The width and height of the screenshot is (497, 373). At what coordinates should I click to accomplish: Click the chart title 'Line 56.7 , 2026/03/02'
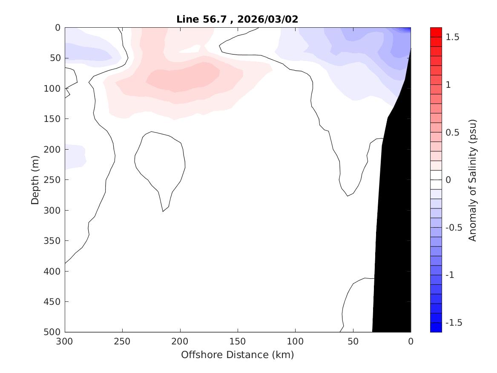click(238, 19)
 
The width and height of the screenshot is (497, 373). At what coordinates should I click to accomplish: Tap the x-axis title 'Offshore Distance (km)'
click(238, 355)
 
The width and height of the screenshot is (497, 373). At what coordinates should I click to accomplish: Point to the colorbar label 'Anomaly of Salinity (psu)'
click(472, 180)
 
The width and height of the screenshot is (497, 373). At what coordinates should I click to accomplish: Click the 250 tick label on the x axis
click(123, 341)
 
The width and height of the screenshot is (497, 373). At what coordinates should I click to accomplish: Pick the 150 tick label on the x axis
click(238, 341)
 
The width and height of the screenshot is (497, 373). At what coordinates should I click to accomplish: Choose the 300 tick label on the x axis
click(65, 341)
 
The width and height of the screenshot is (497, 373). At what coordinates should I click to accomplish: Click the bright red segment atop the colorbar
click(436, 32)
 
